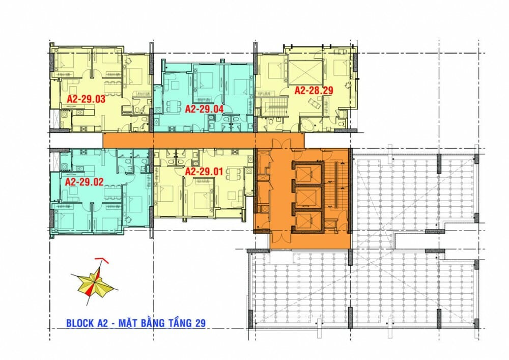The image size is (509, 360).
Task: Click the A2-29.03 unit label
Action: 86,99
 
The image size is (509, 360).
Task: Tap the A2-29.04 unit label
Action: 204,109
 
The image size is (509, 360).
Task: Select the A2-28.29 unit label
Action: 314,90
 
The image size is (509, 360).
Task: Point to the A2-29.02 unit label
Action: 84,182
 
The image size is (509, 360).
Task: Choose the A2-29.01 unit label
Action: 204,171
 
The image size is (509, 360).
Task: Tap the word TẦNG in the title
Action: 180,323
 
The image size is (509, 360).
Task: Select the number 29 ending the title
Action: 200,323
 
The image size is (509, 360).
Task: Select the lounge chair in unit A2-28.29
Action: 314,104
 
